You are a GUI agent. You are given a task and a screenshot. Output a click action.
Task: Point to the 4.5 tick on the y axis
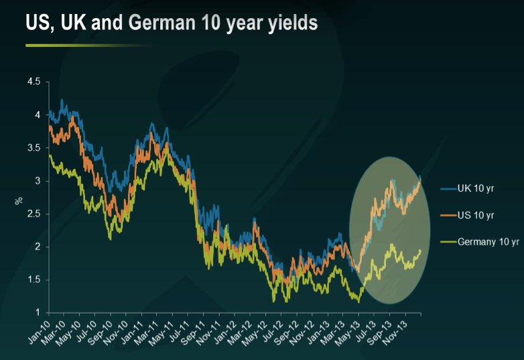tap(33, 82)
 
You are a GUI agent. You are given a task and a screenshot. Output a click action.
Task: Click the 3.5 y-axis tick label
tap(33, 147)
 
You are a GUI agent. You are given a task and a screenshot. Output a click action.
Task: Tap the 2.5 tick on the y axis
tap(33, 214)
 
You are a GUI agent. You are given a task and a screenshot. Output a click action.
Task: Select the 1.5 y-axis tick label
tap(33, 280)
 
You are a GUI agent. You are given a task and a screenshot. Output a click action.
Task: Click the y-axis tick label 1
tap(38, 312)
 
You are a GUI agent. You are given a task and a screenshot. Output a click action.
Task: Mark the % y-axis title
tap(19, 200)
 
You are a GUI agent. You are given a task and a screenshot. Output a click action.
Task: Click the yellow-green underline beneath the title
tap(91, 45)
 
